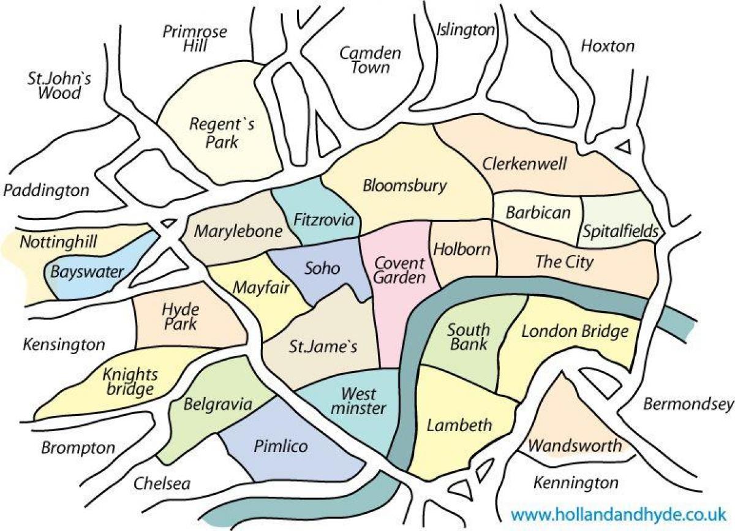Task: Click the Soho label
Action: pyautogui.click(x=322, y=268)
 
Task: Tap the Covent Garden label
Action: pyautogui.click(x=400, y=271)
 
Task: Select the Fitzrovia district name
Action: pyautogui.click(x=324, y=219)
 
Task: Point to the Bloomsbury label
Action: pyautogui.click(x=405, y=186)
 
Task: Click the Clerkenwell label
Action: pyautogui.click(x=524, y=164)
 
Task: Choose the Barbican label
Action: pyautogui.click(x=538, y=213)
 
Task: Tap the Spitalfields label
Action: pyautogui.click(x=620, y=232)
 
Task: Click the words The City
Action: pyautogui.click(x=564, y=262)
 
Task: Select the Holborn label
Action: pyautogui.click(x=462, y=249)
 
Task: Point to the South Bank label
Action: pyautogui.click(x=468, y=336)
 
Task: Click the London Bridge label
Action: pyautogui.click(x=575, y=331)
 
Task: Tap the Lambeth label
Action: pyautogui.click(x=451, y=424)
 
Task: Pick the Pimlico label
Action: pyautogui.click(x=281, y=446)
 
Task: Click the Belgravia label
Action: pyautogui.click(x=218, y=404)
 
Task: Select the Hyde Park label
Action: pyautogui.click(x=179, y=316)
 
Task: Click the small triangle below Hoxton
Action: pyautogui.click(x=624, y=146)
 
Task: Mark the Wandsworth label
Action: pyautogui.click(x=575, y=445)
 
